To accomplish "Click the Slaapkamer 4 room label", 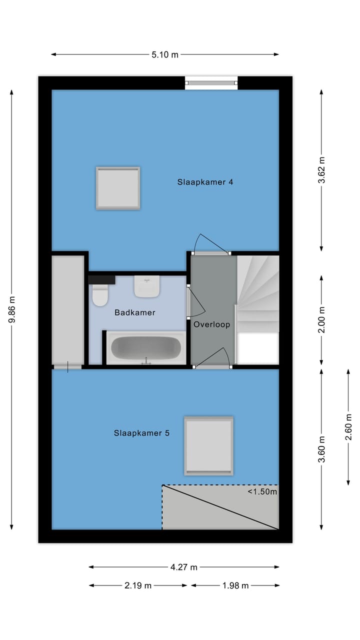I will click(x=205, y=182).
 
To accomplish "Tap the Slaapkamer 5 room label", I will click(x=141, y=433).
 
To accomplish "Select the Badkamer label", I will click(x=135, y=312).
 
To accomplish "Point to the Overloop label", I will click(x=212, y=324).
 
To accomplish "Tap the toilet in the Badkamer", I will click(x=100, y=295).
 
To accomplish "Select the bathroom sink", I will click(x=146, y=286).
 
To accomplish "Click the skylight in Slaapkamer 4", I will click(x=118, y=188).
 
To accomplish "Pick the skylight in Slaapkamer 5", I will click(x=208, y=445).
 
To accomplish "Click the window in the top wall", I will click(x=211, y=82).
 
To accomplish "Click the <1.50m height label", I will click(x=262, y=491).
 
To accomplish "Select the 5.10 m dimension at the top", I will click(x=165, y=55).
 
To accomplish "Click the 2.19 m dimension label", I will click(x=138, y=585).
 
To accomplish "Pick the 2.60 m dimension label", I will click(x=348, y=427).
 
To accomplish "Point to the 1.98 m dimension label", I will click(x=235, y=585).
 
